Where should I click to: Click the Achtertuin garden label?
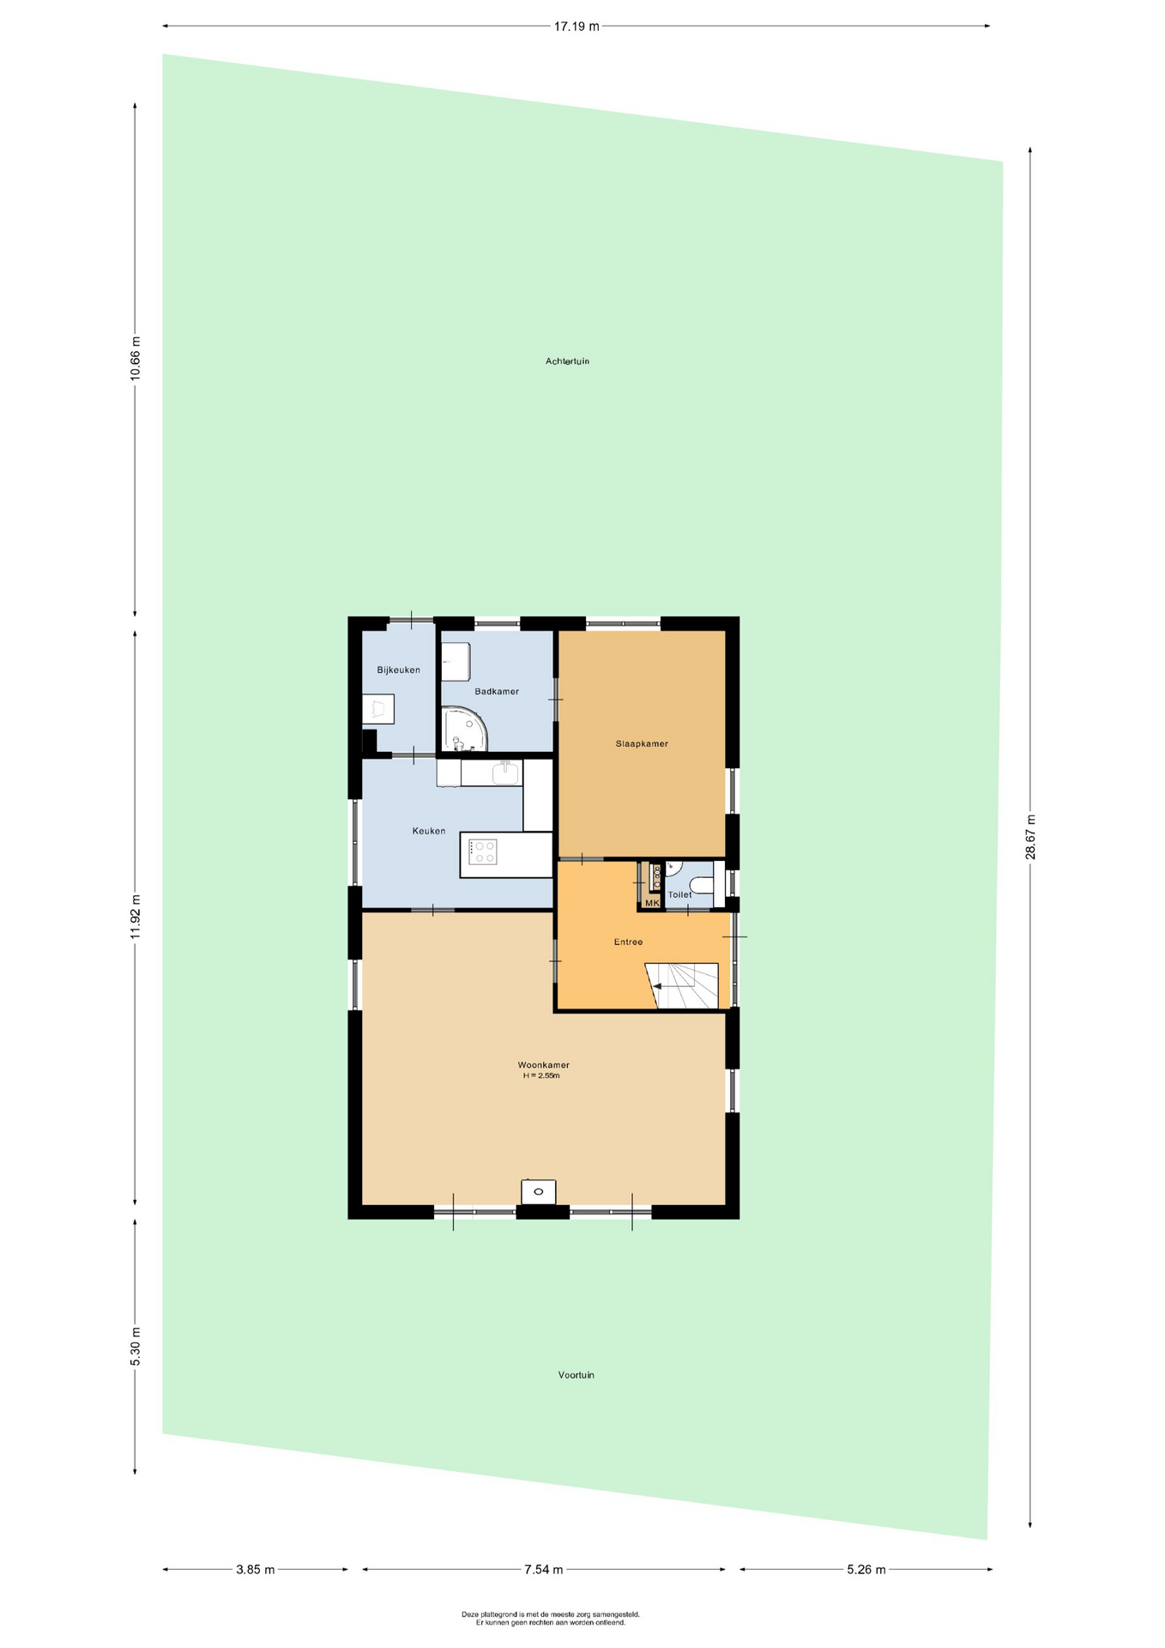[567, 361]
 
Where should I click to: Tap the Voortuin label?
[576, 1375]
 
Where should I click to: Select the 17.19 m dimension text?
[576, 27]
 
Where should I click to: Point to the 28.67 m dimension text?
[1030, 837]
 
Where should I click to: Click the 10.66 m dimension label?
[135, 359]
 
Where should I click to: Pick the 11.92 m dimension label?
[135, 917]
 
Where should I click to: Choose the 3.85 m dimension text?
[256, 1570]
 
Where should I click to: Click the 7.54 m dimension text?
[544, 1570]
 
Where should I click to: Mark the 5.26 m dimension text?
[866, 1570]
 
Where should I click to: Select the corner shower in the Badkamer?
[463, 729]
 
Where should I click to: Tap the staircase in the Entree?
[681, 986]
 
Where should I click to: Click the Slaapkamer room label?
[642, 744]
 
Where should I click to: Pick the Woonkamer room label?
[543, 1065]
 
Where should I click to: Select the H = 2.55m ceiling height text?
[541, 1075]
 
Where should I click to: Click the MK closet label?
[652, 903]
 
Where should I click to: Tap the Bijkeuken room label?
[398, 670]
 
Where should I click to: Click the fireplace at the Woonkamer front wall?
[538, 1191]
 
